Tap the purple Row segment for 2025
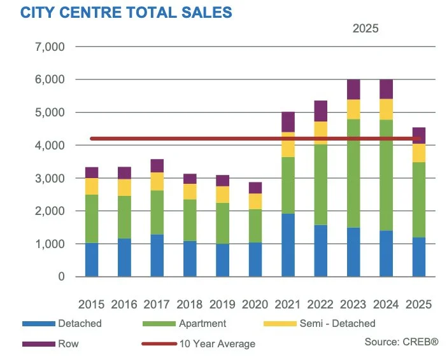point(418,135)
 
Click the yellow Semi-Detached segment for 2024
point(387,109)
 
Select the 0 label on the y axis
point(60,277)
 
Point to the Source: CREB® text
point(401,342)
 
